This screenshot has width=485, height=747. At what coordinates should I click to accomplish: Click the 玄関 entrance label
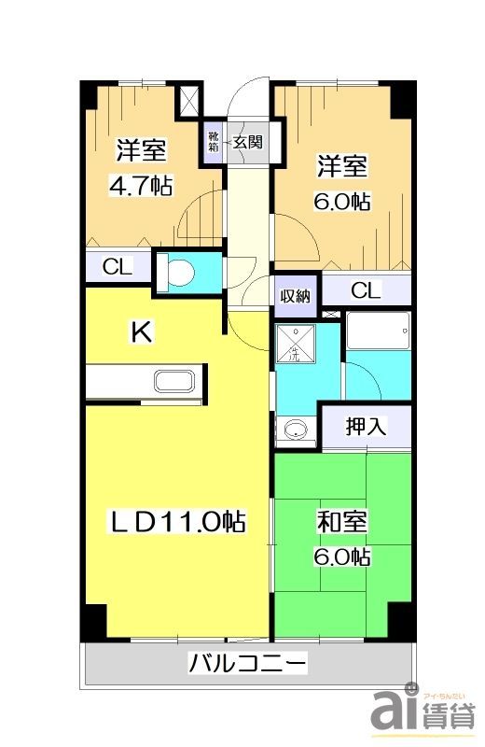tap(247, 143)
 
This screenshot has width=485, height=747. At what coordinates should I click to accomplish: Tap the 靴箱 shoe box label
tap(215, 143)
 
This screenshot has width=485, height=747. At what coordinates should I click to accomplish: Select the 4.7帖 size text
tap(141, 185)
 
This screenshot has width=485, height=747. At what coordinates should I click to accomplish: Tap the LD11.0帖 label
tap(178, 522)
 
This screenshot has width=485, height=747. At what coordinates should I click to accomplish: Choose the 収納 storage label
tap(296, 296)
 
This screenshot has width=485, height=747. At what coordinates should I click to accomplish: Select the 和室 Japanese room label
tap(341, 521)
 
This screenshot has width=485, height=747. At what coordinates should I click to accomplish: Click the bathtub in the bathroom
tap(378, 331)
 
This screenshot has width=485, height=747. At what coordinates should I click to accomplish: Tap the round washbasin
tap(296, 430)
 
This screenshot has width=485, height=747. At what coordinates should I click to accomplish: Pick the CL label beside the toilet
tap(118, 267)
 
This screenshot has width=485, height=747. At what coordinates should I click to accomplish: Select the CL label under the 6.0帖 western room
tap(366, 290)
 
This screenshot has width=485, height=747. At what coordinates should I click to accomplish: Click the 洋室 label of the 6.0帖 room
tap(342, 166)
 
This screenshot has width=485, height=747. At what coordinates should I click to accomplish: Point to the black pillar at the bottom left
tap(93, 622)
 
